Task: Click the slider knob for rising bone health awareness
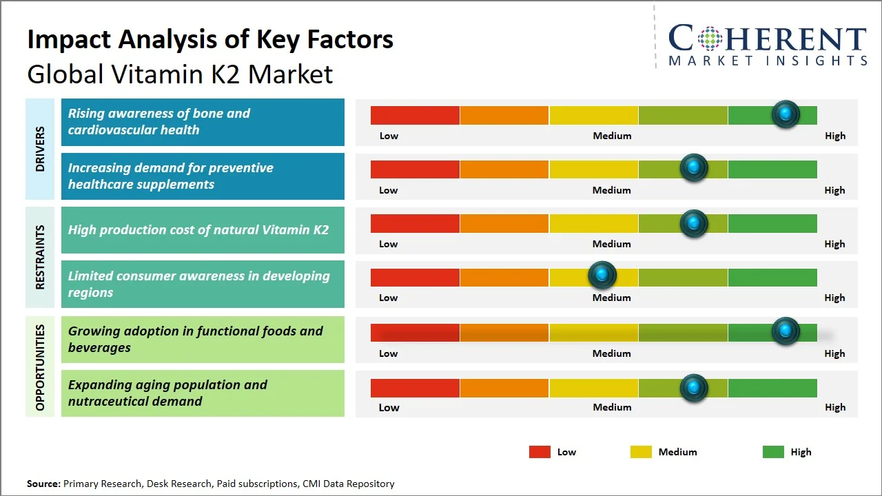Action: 786,114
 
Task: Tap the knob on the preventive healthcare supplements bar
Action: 694,167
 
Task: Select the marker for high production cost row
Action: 694,224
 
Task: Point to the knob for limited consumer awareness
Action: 602,274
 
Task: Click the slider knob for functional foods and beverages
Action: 786,331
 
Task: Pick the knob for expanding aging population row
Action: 694,388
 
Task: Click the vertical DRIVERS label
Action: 40,149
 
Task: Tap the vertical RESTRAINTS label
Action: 40,257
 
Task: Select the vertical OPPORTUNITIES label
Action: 40,368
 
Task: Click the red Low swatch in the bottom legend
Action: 540,452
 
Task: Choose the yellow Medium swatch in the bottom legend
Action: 641,452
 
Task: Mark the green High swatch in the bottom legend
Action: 773,452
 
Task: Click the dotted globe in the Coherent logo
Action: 710,39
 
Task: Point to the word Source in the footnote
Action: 43,484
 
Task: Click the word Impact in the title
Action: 70,40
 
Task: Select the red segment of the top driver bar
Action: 415,115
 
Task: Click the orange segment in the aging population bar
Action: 504,388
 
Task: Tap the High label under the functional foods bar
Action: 834,353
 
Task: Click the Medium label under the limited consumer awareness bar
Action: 611,298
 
